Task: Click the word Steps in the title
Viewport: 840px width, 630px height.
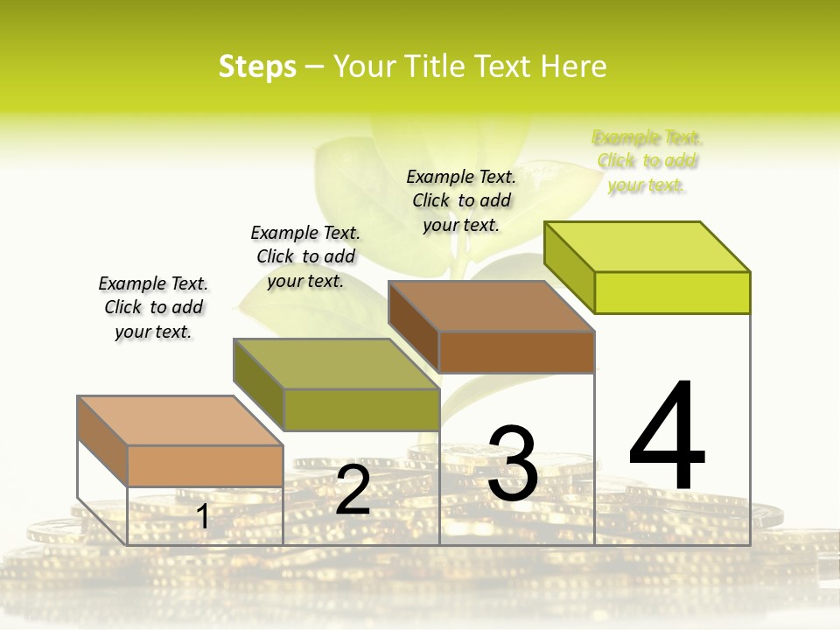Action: coord(257,66)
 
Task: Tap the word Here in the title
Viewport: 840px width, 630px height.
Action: coord(574,66)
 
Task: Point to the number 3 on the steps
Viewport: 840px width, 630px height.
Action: coord(513,464)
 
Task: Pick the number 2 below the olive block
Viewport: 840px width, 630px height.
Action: coord(353,490)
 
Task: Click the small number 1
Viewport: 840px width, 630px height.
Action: coord(203,516)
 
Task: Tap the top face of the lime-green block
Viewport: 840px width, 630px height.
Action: coord(647,246)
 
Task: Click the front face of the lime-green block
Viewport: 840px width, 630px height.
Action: coord(672,292)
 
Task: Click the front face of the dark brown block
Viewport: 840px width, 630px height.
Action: coord(516,352)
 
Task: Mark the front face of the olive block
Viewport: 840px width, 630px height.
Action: coord(361,409)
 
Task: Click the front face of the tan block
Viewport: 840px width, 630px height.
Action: coord(205,465)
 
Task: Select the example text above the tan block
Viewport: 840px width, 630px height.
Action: coord(153,307)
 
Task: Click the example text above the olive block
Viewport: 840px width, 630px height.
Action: coord(305,256)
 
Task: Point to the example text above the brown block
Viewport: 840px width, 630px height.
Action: coord(461,200)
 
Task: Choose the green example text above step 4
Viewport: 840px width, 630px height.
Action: coord(647,161)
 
